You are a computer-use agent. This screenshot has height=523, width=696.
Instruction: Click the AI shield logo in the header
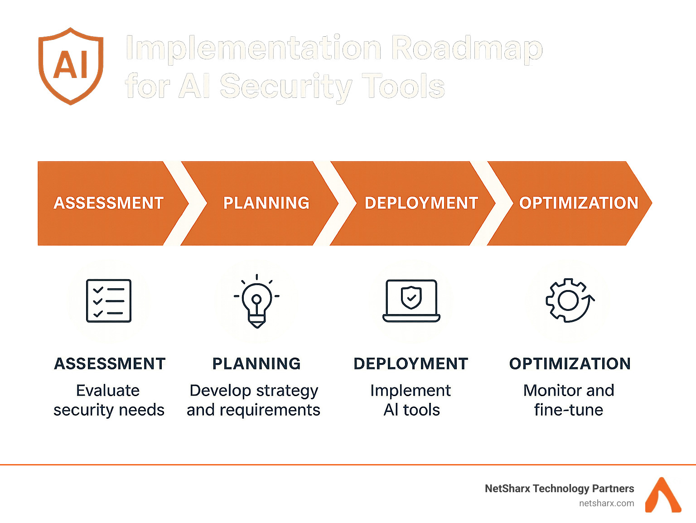point(71,66)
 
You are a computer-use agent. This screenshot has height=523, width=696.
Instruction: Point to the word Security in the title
point(286,86)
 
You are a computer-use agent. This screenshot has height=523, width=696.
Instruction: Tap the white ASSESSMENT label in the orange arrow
point(108,203)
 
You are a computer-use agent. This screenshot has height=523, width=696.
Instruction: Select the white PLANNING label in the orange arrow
point(266,203)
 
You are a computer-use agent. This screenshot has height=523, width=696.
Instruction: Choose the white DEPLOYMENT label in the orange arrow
point(421,203)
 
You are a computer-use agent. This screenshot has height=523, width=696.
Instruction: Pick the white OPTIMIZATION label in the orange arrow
point(578,203)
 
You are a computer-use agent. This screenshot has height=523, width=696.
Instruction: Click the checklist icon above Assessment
point(109,300)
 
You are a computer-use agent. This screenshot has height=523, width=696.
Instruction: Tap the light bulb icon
point(256,301)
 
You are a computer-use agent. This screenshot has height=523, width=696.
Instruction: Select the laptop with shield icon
point(411,300)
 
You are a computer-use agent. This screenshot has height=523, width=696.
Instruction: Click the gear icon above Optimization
point(570,300)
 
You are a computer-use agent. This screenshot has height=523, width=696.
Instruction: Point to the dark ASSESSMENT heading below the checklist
point(110,363)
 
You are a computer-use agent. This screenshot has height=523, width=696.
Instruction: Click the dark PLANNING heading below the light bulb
point(256,363)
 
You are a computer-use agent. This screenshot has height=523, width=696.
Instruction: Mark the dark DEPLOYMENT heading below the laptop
point(411,363)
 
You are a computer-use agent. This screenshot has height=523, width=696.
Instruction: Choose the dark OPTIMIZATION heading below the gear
point(570,363)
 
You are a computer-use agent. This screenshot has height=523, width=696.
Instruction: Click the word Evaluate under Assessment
point(108,390)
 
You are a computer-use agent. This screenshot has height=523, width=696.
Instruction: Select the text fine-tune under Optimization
point(569,409)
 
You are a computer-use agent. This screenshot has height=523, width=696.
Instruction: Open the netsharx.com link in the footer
point(606,504)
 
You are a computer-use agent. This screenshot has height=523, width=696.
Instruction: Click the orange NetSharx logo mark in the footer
point(663,495)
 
